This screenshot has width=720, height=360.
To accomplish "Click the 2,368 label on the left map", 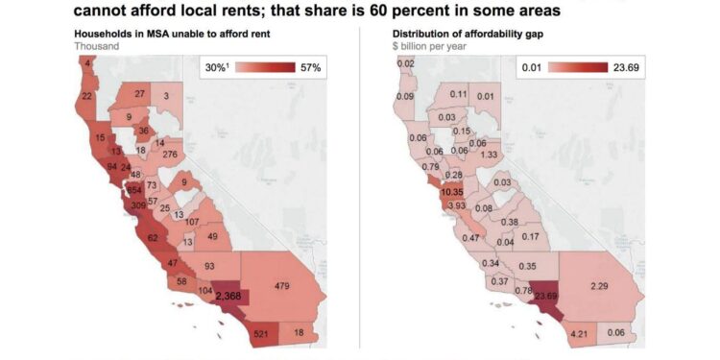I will click(228, 297).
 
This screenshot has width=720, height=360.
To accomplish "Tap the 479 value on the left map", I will click(280, 285).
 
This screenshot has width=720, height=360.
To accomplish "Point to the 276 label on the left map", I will click(171, 155).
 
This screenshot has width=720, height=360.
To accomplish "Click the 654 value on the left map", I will click(137, 189).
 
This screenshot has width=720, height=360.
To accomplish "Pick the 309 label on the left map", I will click(139, 205).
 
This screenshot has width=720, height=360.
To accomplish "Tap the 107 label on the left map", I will click(192, 222).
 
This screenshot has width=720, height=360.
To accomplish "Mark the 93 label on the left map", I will click(209, 266).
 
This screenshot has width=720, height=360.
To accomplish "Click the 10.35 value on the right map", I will click(452, 193).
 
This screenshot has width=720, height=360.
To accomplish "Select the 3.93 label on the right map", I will click(455, 206).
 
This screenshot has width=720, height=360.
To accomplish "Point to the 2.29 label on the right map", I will click(601, 285).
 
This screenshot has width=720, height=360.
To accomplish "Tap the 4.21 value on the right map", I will click(578, 334).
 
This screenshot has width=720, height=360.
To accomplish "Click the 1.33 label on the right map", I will click(488, 155).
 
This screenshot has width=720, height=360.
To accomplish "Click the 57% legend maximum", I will click(311, 68).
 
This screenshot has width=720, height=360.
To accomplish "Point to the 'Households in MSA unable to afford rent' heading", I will click(172, 34).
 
